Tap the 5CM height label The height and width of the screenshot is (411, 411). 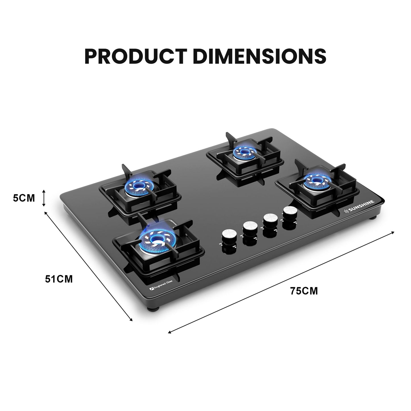(24, 198)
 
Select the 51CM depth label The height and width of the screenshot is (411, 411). (59, 279)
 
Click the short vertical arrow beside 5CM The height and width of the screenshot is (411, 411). (44, 198)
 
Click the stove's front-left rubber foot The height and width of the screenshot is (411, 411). (150, 308)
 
